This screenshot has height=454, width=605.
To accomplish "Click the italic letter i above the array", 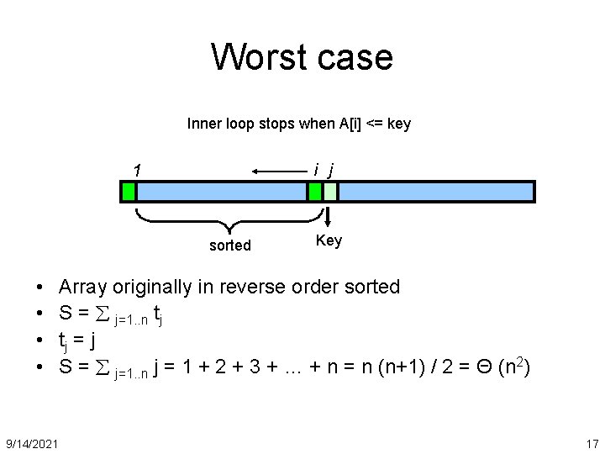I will [315, 169].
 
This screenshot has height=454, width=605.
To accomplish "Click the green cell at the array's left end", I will [129, 192].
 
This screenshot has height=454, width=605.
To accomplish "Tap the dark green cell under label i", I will [315, 192].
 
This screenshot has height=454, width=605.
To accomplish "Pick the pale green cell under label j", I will [330, 192].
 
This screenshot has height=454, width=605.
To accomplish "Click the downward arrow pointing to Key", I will [329, 216].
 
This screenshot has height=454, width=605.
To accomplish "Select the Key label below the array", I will [329, 241].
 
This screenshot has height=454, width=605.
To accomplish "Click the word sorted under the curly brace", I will [229, 245].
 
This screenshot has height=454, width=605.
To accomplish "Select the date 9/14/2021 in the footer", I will [32, 443].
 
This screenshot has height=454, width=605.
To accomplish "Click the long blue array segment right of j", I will [435, 192].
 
